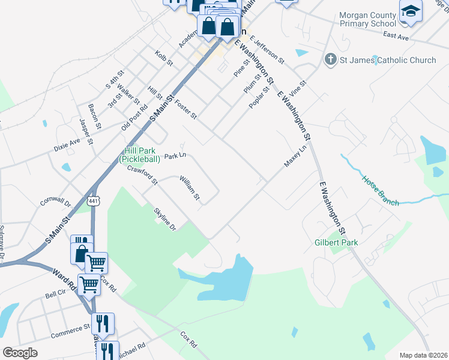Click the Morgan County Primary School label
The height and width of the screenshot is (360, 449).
pyautogui.click(x=367, y=19)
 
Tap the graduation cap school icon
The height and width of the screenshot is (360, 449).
pyautogui.click(x=411, y=12)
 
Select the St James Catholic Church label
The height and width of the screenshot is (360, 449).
pyautogui.click(x=388, y=60)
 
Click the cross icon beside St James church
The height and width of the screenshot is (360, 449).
pyautogui.click(x=330, y=59)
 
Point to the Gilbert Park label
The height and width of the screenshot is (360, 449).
pyautogui.click(x=336, y=243)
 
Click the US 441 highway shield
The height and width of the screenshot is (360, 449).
pyautogui.click(x=92, y=201)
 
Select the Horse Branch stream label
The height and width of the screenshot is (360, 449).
pyautogui.click(x=380, y=191)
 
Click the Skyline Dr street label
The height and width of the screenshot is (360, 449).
pyautogui.click(x=164, y=219)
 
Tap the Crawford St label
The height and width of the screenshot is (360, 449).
pyautogui.click(x=142, y=175)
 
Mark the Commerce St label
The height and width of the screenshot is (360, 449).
pyautogui.click(x=70, y=331)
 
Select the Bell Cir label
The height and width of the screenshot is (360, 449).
pyautogui.click(x=55, y=295)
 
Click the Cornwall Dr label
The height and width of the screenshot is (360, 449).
pyautogui.click(x=55, y=200)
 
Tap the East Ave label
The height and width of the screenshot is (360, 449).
pyautogui.click(x=396, y=37)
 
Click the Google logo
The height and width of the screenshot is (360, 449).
pyautogui.click(x=20, y=353)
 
